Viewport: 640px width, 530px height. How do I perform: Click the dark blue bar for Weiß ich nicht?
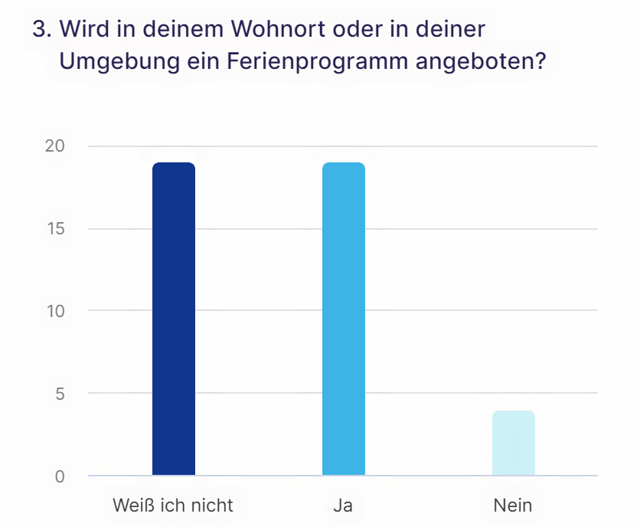pos(174,319)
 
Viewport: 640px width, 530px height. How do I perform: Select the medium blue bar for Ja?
pos(344,319)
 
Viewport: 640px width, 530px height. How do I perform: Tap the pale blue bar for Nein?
pos(513,443)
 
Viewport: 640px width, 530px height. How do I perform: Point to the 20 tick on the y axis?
pos(55,146)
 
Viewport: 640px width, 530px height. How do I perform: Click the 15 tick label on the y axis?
pos(55,229)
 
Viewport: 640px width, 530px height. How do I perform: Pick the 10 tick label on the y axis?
pos(55,311)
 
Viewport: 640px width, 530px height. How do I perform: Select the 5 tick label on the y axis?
pos(59,394)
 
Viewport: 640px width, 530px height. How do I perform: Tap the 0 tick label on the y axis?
pos(59,476)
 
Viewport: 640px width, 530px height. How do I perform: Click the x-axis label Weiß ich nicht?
pos(173,505)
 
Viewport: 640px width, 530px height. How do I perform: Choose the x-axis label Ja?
pos(343,505)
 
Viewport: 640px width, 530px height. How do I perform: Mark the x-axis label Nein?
pos(513,505)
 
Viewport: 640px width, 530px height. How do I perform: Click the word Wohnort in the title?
pos(263,31)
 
